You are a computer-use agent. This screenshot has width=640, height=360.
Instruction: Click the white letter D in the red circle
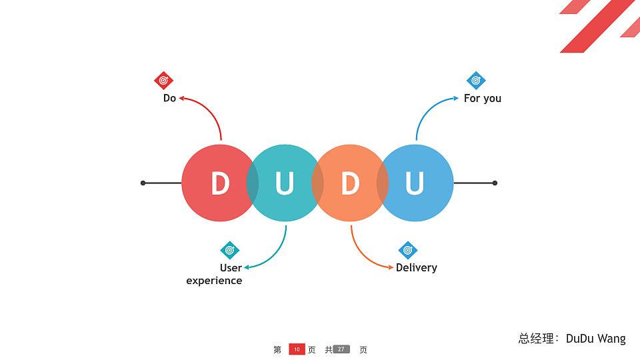click(x=221, y=183)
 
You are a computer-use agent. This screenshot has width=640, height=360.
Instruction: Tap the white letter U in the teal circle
click(x=285, y=183)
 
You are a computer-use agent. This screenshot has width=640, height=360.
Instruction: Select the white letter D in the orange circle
click(x=350, y=183)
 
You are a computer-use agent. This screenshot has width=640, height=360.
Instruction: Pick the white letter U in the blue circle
click(x=415, y=183)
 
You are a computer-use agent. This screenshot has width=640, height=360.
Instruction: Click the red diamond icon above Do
click(x=164, y=81)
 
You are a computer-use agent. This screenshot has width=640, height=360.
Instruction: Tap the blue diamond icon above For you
click(x=476, y=81)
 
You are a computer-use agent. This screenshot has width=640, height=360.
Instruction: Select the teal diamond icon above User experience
click(x=230, y=250)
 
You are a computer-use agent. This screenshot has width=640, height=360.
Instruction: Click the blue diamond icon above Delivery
click(x=408, y=250)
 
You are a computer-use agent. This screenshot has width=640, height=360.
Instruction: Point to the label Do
click(x=169, y=98)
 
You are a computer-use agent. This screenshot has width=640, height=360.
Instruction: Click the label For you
click(x=483, y=99)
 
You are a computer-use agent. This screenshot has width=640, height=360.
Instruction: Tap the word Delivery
click(x=416, y=267)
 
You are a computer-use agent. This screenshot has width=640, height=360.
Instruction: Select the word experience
click(x=214, y=281)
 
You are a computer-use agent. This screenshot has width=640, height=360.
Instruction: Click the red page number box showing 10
click(x=297, y=349)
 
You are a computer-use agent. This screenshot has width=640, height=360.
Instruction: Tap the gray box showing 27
click(x=341, y=349)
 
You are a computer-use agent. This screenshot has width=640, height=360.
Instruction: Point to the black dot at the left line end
click(x=143, y=183)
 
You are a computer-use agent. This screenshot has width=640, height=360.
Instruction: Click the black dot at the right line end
click(x=495, y=183)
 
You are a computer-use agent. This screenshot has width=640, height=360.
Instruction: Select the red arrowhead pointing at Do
click(x=181, y=98)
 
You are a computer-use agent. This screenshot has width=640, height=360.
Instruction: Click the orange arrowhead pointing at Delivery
click(x=391, y=267)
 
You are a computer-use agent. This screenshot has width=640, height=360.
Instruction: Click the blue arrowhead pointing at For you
click(x=456, y=98)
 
